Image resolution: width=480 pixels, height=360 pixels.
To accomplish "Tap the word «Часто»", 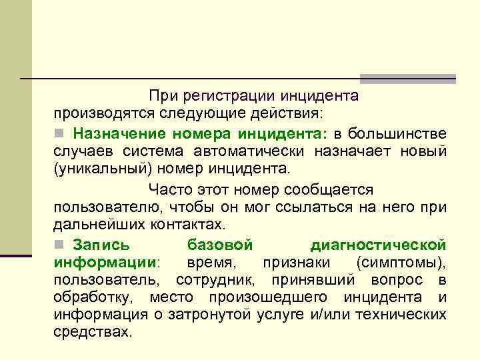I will tap(171, 190).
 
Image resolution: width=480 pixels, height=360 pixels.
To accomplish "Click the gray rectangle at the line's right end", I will tap(408, 79).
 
